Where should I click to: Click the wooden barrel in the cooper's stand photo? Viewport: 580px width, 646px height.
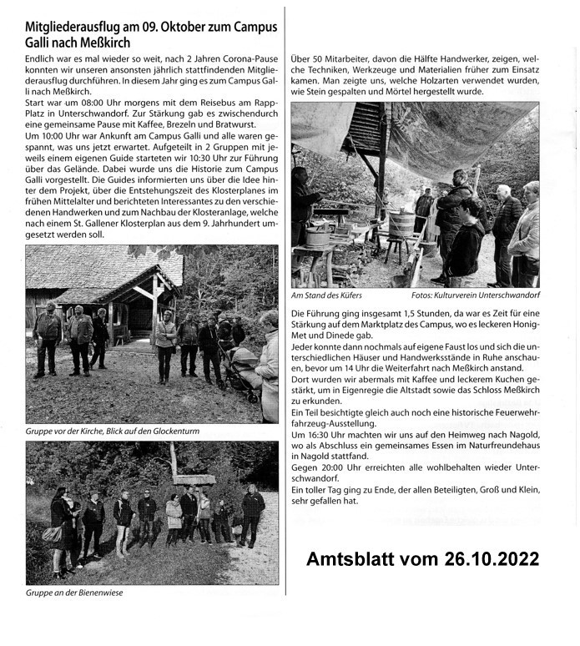(x=401, y=225)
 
